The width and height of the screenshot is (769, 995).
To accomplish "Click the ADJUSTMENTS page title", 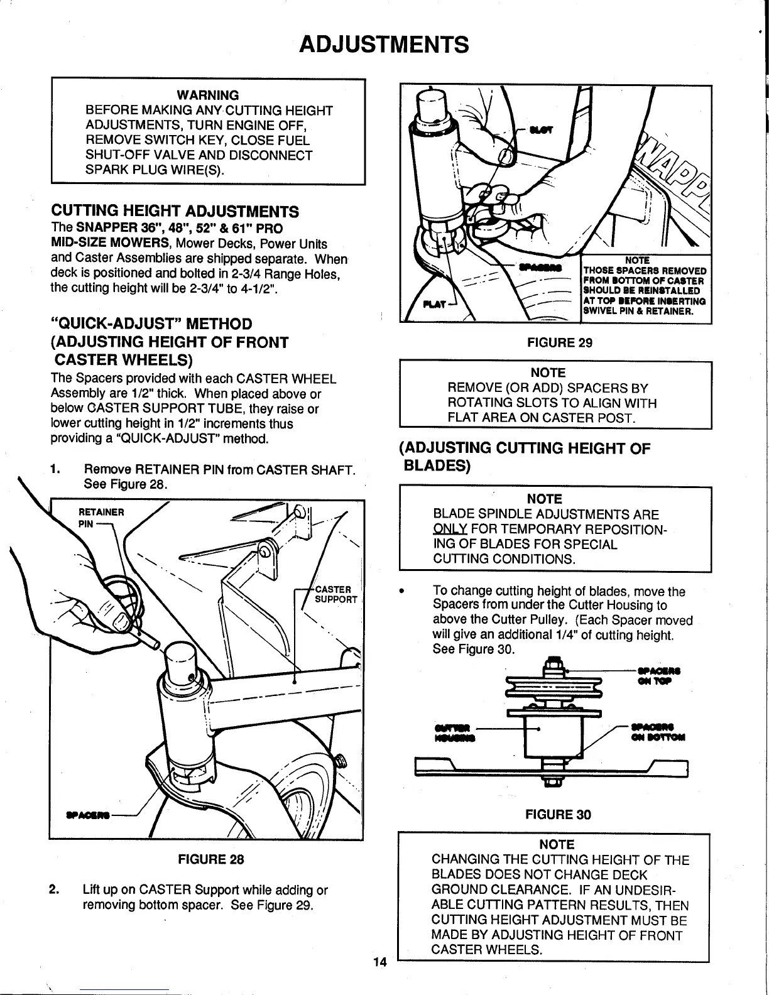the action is [384, 45].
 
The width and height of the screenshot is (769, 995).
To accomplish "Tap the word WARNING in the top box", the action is [208, 95].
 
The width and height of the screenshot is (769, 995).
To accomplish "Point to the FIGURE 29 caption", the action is [560, 342].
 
